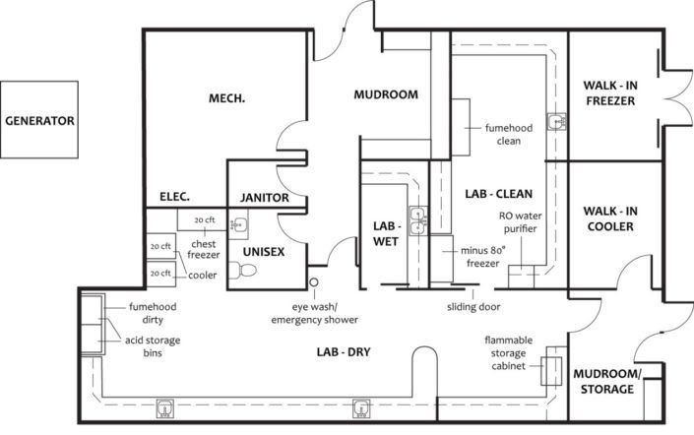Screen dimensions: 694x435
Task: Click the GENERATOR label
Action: coord(39,120)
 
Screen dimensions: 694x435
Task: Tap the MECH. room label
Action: coord(226,97)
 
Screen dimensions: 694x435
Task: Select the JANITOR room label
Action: coord(264,198)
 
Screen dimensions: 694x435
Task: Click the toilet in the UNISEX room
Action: coord(243,270)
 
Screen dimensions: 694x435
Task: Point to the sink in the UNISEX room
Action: coord(237,224)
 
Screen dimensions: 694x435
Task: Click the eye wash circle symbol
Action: coord(314,281)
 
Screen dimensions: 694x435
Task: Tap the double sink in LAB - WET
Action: coord(417,220)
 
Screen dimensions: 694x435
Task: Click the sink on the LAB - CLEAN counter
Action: coord(557,122)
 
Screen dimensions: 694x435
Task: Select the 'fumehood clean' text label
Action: coord(509,134)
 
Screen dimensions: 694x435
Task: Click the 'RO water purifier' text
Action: coord(520,222)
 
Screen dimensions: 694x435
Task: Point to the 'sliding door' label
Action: coord(473,307)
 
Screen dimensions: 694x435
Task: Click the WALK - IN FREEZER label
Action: coord(610,93)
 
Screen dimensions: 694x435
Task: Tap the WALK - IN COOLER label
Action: coord(610,218)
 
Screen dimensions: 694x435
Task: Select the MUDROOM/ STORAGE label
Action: coord(606,382)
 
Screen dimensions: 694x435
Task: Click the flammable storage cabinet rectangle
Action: coord(551,371)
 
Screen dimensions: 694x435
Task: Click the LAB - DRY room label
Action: coord(344,351)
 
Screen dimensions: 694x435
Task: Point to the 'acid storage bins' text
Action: coord(153,346)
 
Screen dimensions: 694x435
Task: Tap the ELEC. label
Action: coord(174,197)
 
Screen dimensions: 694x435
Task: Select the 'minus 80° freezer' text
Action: coord(483,257)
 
